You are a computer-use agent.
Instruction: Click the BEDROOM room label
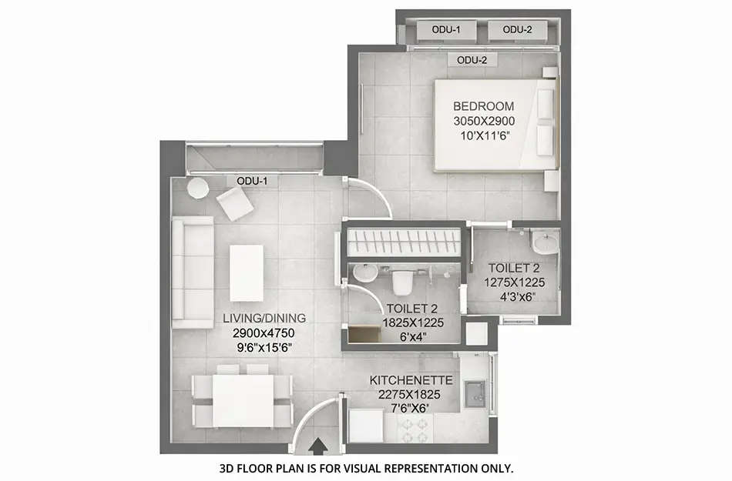pyautogui.click(x=483, y=106)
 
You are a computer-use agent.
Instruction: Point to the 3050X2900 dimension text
pyautogui.click(x=483, y=121)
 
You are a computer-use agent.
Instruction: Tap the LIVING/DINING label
pyautogui.click(x=264, y=318)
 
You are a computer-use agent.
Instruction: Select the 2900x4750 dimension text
pyautogui.click(x=264, y=332)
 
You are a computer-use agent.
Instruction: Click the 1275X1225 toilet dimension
pyautogui.click(x=514, y=282)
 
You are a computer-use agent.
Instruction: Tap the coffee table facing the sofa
pyautogui.click(x=247, y=272)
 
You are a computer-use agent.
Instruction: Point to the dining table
pyautogui.click(x=243, y=399)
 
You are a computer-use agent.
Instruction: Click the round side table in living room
pyautogui.click(x=198, y=188)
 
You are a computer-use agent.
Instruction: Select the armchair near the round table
pyautogui.click(x=234, y=204)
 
